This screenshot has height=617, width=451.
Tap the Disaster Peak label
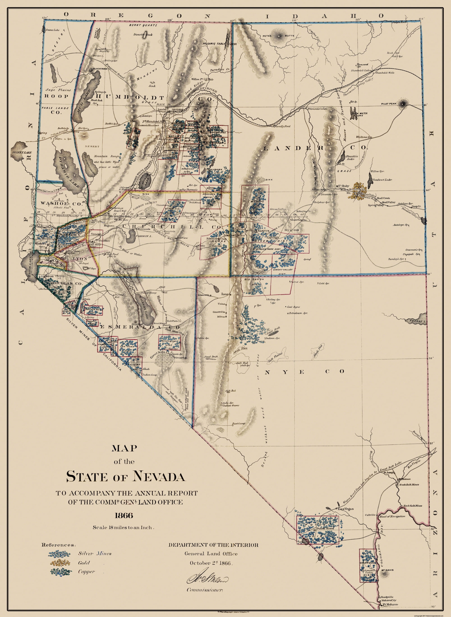pos(143,35)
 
